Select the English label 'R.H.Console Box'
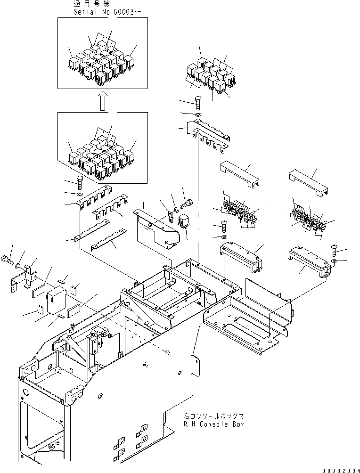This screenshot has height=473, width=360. [214, 424]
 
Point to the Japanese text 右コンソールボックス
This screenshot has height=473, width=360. [214, 416]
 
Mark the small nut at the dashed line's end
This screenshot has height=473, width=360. [168, 351]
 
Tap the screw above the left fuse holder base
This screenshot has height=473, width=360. [224, 223]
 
